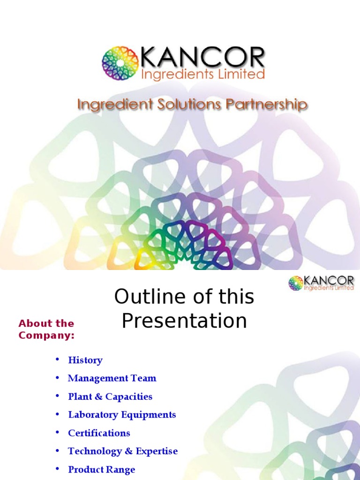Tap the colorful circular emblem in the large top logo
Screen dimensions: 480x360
pyautogui.click(x=120, y=63)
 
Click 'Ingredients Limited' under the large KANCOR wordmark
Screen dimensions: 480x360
pyautogui.click(x=203, y=74)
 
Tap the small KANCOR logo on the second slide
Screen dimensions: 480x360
pyautogui.click(x=321, y=283)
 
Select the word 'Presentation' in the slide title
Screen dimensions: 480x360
pyautogui.click(x=184, y=321)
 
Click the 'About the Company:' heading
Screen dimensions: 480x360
pyautogui.click(x=46, y=329)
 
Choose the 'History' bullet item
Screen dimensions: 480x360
pyautogui.click(x=85, y=360)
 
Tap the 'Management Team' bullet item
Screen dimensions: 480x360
pyautogui.click(x=112, y=378)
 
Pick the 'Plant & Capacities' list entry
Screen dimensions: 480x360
pyautogui.click(x=110, y=397)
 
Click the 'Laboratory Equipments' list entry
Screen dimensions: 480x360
pyautogui.click(x=122, y=415)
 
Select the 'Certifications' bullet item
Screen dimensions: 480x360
pyautogui.click(x=99, y=433)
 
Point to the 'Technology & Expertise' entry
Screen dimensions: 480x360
pyautogui.click(x=123, y=451)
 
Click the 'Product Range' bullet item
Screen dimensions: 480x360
pyautogui.click(x=102, y=470)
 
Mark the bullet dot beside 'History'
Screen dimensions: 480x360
pyautogui.click(x=58, y=360)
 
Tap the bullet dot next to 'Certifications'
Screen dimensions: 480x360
pyautogui.click(x=58, y=433)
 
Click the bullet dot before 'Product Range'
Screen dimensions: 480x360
pyautogui.click(x=58, y=469)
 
